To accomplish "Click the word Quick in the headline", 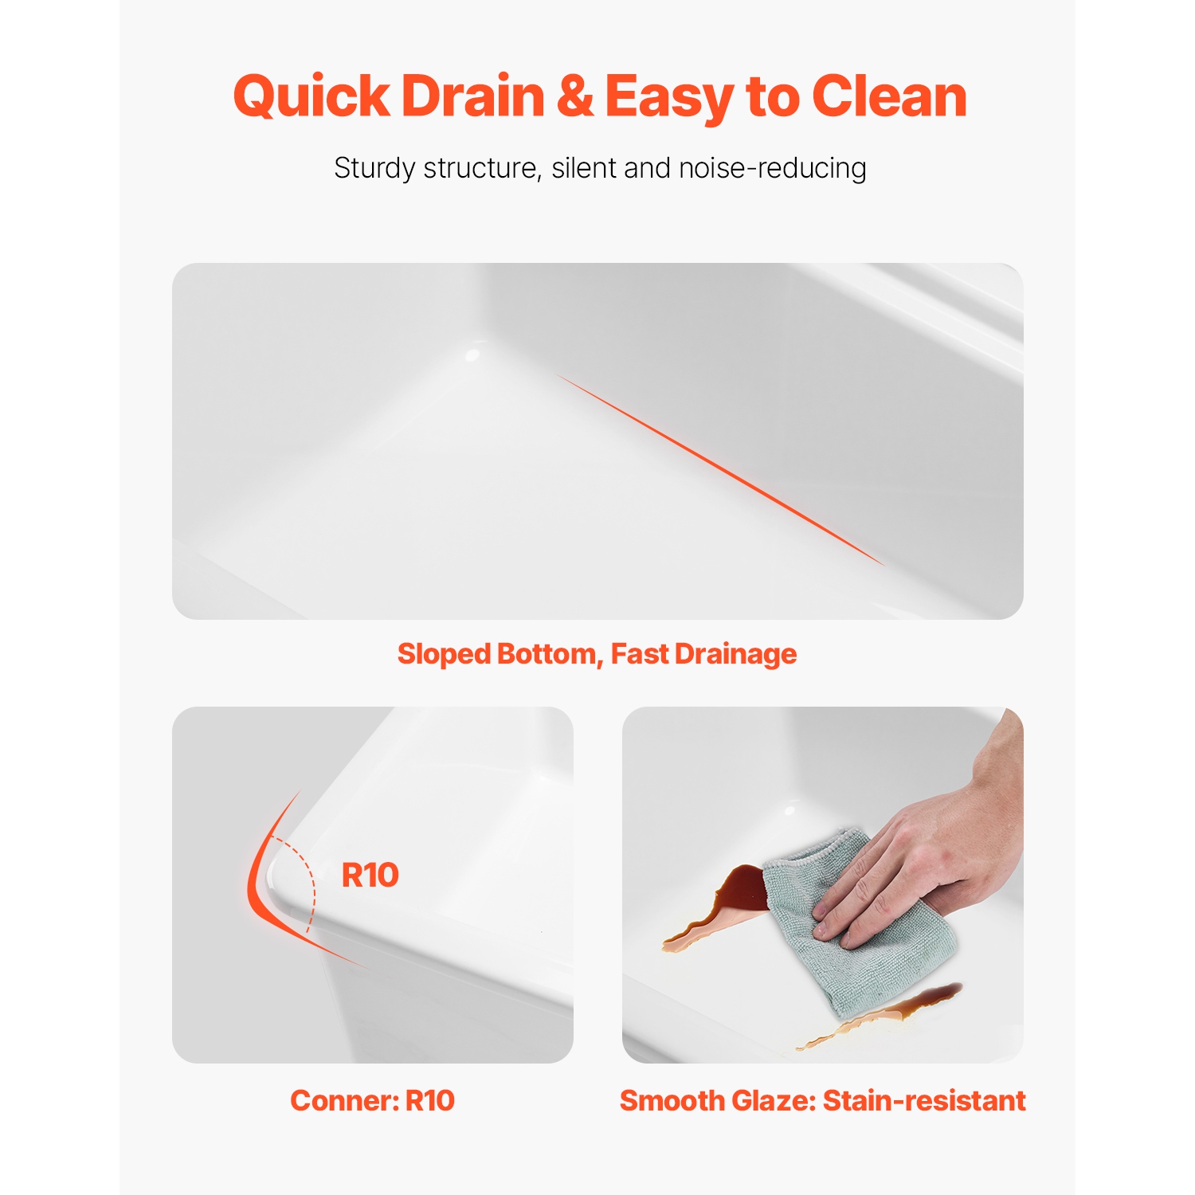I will click(311, 97).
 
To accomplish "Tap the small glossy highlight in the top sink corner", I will click(472, 353).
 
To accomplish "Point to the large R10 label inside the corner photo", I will click(370, 875).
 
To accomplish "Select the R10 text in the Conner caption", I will click(430, 1100).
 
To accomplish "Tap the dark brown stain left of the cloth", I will click(737, 892).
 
